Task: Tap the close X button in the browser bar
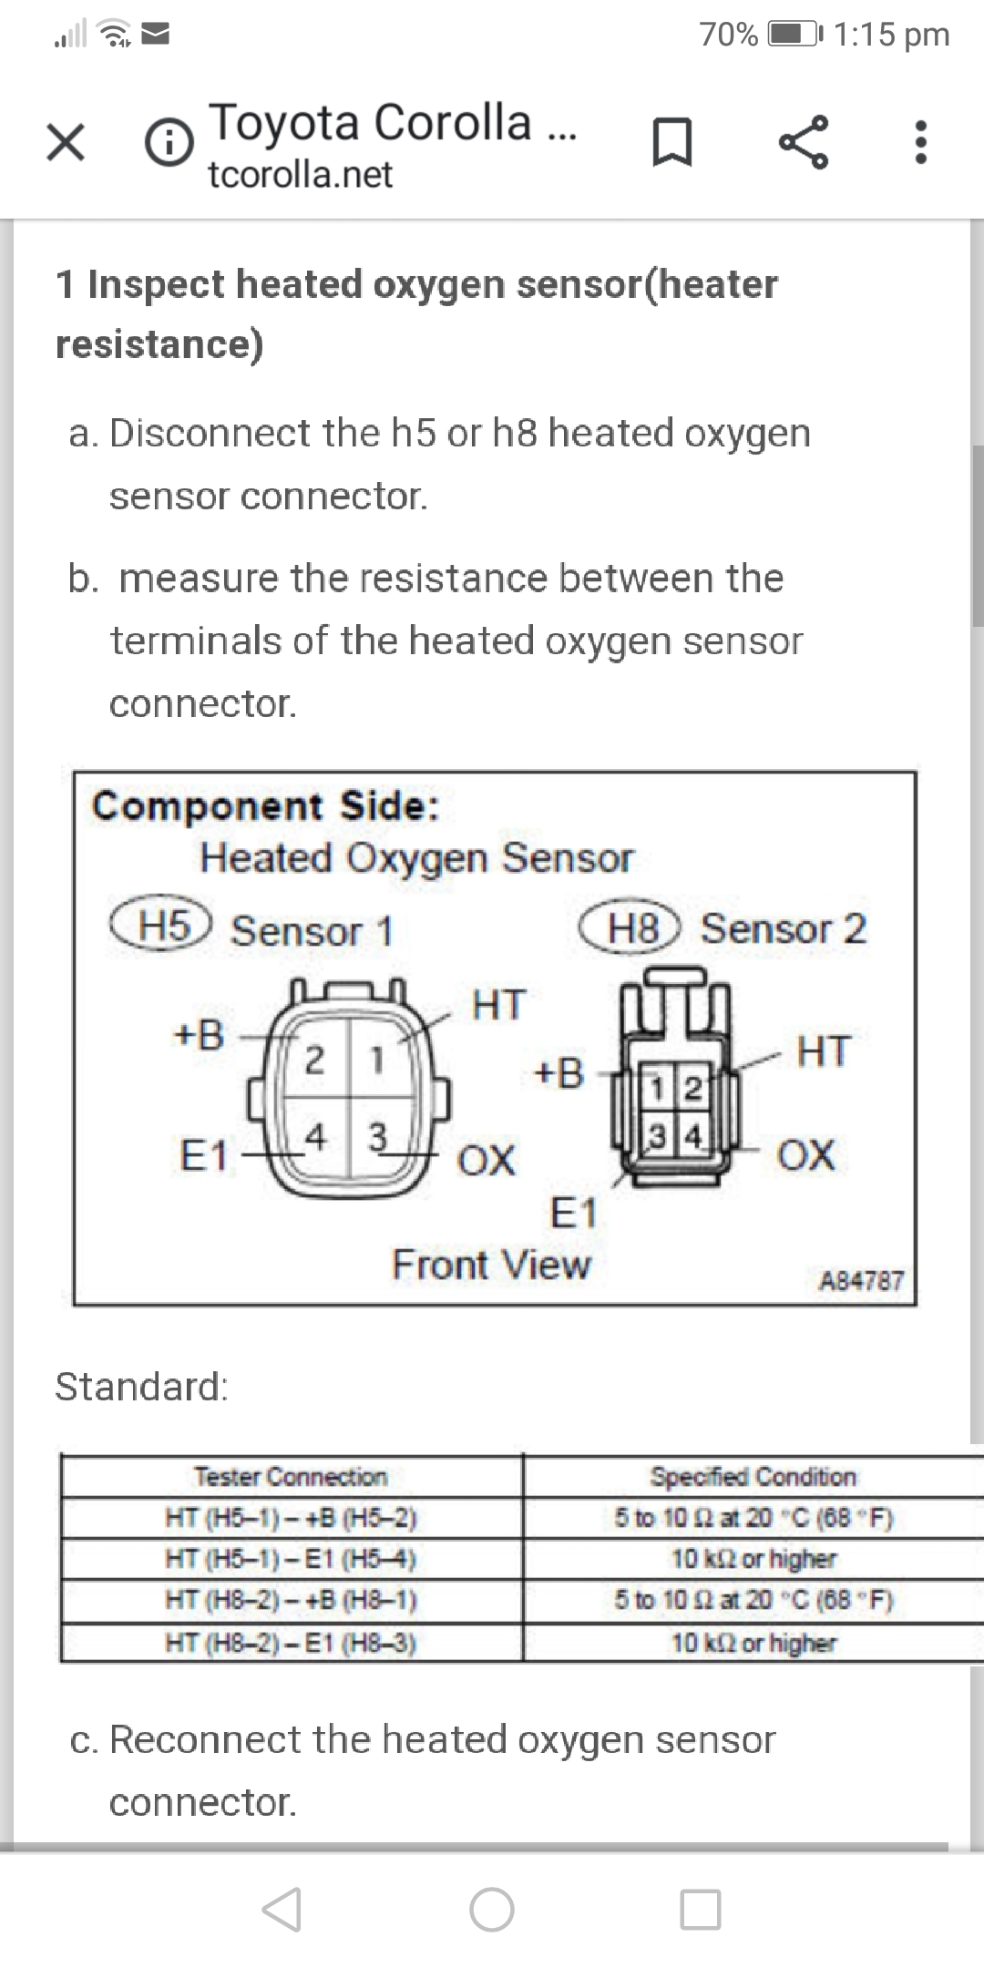click(66, 143)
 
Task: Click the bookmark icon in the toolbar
click(673, 144)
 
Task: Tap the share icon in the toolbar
click(804, 142)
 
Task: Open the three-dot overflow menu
click(921, 143)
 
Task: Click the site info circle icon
click(169, 144)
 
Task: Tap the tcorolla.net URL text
click(301, 174)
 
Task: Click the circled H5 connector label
click(161, 926)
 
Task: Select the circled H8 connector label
click(631, 928)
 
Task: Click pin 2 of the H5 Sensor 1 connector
click(313, 1060)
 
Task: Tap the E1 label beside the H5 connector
click(203, 1156)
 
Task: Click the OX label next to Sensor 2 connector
click(805, 1154)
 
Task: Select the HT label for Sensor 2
click(823, 1051)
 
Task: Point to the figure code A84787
click(861, 1281)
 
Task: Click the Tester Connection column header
click(291, 1476)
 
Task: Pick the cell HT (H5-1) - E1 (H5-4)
click(291, 1559)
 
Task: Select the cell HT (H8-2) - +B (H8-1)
click(291, 1600)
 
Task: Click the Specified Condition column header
click(753, 1476)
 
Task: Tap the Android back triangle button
click(282, 1909)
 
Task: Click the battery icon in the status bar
click(796, 35)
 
